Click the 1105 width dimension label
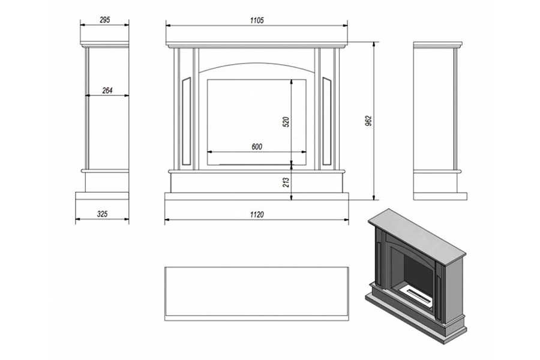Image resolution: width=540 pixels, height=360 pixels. pyautogui.click(x=257, y=20)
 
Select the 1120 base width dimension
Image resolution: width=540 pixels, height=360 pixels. pyautogui.click(x=257, y=214)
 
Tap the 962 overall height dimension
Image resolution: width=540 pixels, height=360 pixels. pyautogui.click(x=368, y=121)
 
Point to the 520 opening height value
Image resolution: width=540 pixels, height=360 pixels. pyautogui.click(x=286, y=121)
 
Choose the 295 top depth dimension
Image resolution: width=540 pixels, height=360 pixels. pyautogui.click(x=104, y=20)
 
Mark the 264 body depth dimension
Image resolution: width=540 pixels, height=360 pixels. pyautogui.click(x=107, y=91)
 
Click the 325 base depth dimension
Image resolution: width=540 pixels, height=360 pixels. pyautogui.click(x=101, y=214)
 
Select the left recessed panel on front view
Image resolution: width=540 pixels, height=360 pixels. pyautogui.click(x=186, y=121)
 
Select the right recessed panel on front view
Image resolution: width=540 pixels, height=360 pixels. pyautogui.click(x=326, y=121)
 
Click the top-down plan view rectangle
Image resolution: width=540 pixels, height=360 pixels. pyautogui.click(x=256, y=291)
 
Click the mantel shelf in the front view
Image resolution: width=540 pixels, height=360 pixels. pyautogui.click(x=257, y=45)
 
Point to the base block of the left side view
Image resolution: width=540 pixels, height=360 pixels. pyautogui.click(x=102, y=196)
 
